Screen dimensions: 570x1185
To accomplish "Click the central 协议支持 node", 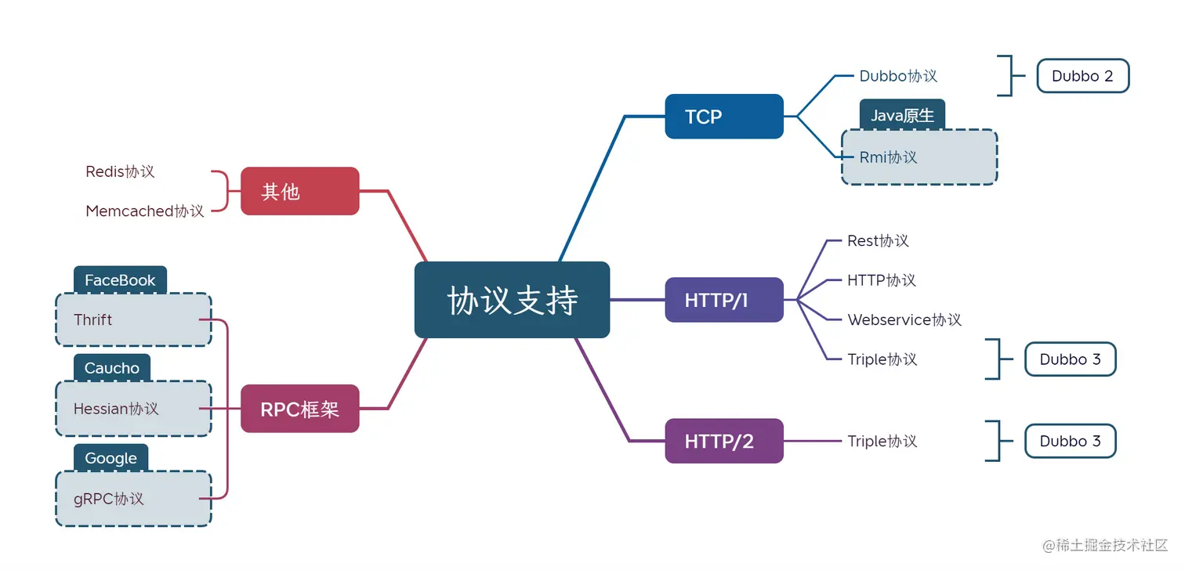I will pyautogui.click(x=512, y=300).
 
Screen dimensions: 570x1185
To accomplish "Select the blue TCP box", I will pyautogui.click(x=723, y=117).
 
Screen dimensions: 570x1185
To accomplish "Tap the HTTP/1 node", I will pyautogui.click(x=723, y=300).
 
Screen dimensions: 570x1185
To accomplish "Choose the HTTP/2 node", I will pyautogui.click(x=723, y=441).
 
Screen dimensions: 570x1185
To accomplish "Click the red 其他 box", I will pyautogui.click(x=299, y=191).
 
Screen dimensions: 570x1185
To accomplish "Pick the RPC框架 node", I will pyautogui.click(x=299, y=409).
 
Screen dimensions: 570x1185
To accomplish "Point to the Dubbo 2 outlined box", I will pyautogui.click(x=1082, y=76).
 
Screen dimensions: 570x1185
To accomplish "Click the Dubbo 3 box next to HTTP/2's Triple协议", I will pyautogui.click(x=1070, y=442).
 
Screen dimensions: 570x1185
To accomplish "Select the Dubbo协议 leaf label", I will pyautogui.click(x=898, y=76).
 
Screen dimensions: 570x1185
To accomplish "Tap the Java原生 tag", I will pyautogui.click(x=902, y=116).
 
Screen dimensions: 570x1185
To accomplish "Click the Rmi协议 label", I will pyautogui.click(x=888, y=157).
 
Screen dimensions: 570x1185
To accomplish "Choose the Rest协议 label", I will pyautogui.click(x=878, y=240).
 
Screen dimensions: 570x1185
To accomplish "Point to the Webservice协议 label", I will pyautogui.click(x=904, y=319).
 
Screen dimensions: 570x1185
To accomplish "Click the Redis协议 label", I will pyautogui.click(x=120, y=171).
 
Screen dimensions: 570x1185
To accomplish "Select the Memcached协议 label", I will pyautogui.click(x=145, y=211).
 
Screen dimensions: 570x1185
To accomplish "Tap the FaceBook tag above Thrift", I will pyautogui.click(x=120, y=280).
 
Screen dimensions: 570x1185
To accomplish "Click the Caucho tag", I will pyautogui.click(x=111, y=368).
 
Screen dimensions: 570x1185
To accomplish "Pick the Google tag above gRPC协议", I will pyautogui.click(x=111, y=458).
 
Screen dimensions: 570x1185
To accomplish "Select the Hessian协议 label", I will pyautogui.click(x=116, y=409).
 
